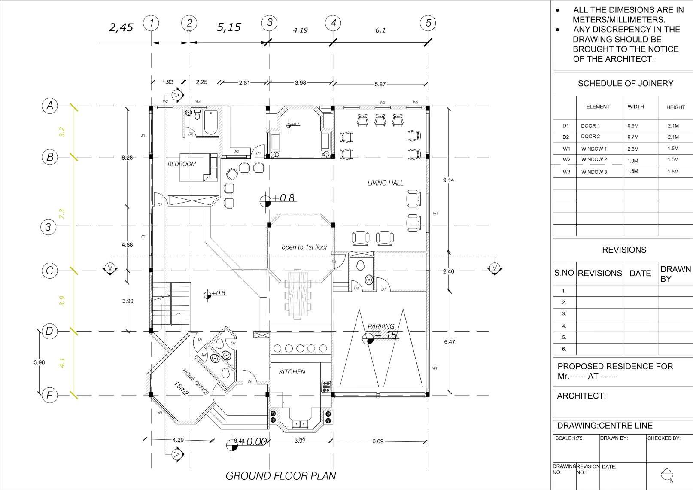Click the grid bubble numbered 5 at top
[x=428, y=23]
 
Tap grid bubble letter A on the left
[x=50, y=105]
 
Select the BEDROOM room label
[x=182, y=164]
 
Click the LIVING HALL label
[x=385, y=183]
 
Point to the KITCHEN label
[x=292, y=372]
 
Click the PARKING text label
[x=381, y=326]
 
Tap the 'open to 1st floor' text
[x=304, y=247]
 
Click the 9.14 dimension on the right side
[x=448, y=180]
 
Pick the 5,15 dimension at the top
[x=229, y=27]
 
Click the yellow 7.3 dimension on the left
[x=62, y=213]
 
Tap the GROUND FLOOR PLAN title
[x=280, y=476]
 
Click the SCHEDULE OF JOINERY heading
[x=625, y=84]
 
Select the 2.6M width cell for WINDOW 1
[x=633, y=149]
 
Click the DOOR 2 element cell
[x=590, y=137]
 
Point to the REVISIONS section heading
[x=624, y=250]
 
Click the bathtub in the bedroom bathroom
[x=210, y=122]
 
